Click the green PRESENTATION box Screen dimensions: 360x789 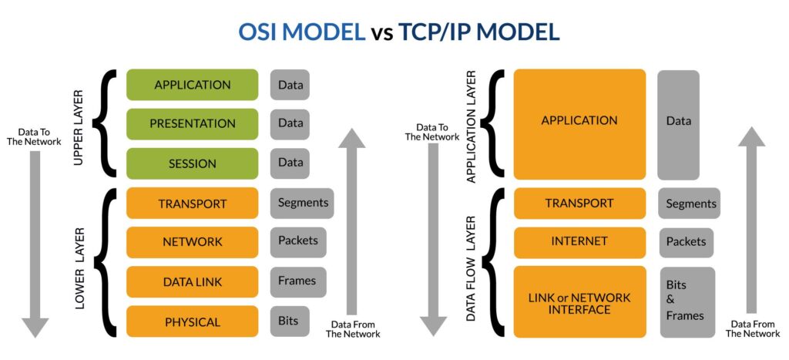click(192, 123)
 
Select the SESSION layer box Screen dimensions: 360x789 click(192, 163)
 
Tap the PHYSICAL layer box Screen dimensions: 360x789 click(192, 321)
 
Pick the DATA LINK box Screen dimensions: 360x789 click(192, 282)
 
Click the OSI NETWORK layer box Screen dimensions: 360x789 click(192, 242)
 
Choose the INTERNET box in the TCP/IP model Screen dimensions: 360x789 click(579, 242)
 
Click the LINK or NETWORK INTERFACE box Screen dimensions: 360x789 click(579, 302)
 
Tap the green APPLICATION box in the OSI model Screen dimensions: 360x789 click(192, 85)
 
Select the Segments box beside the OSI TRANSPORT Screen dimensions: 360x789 click(301, 204)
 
